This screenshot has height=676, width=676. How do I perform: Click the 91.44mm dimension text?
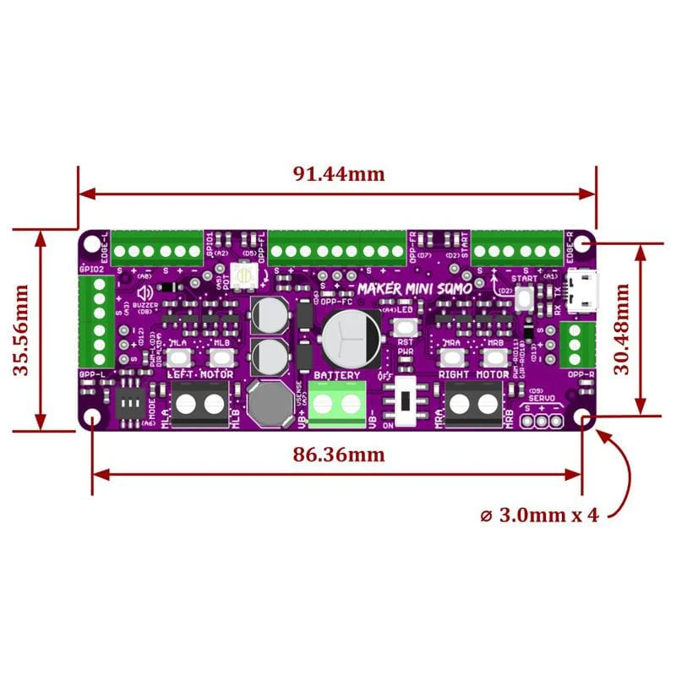[x=338, y=174]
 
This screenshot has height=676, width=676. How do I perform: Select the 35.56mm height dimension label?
[x=23, y=329]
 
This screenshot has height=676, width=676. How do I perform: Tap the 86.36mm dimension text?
[x=338, y=455]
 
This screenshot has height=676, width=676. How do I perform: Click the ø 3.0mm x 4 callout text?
[x=548, y=514]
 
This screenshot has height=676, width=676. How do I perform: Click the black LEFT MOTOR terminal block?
[x=200, y=404]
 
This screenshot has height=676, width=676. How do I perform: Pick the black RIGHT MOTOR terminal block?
[x=473, y=404]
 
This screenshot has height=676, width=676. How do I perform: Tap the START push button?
[x=523, y=297]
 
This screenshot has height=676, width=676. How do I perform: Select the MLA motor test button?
[x=178, y=359]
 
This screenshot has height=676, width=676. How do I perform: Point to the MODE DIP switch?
[x=132, y=404]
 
